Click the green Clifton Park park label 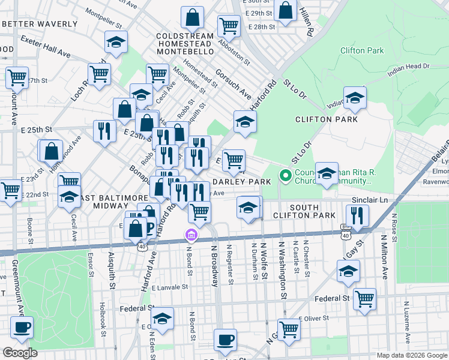point(361,51)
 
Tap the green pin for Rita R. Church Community point(286,176)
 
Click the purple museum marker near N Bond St point(191,235)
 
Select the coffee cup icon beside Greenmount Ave point(22,328)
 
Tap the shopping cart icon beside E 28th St point(229,26)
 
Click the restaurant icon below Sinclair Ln point(358,215)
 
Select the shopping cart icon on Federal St point(364,298)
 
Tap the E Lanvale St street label point(169,287)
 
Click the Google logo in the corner point(20,353)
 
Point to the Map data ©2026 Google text point(411,355)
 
